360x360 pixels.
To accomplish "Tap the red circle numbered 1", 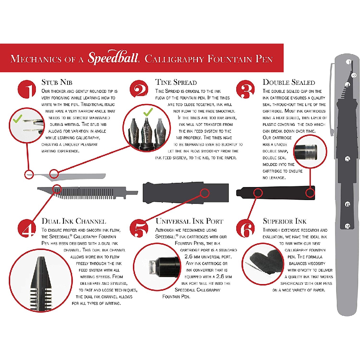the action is point(27,89).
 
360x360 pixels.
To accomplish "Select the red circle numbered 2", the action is point(139,89).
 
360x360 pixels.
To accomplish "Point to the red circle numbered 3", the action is point(245,89).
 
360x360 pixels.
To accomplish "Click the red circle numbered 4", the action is point(27,228).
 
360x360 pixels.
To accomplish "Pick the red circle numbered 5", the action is point(139,228).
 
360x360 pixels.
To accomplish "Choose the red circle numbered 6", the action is point(245,228).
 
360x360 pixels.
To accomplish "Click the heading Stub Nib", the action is point(57,82).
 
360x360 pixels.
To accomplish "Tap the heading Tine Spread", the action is point(176,82).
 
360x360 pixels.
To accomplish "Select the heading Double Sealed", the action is point(289,82).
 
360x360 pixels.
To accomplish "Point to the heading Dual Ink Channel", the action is point(74,221).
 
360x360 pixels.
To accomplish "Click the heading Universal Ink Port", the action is point(189,221).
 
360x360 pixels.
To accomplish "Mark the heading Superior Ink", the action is point(284,221).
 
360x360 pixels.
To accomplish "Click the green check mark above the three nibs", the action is point(148,112).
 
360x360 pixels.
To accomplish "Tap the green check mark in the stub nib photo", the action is point(18,118).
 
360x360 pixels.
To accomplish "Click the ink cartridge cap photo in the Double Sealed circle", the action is point(306,152).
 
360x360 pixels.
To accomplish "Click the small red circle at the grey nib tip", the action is point(29,174).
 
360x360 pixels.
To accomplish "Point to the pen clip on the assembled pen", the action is point(332,99).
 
